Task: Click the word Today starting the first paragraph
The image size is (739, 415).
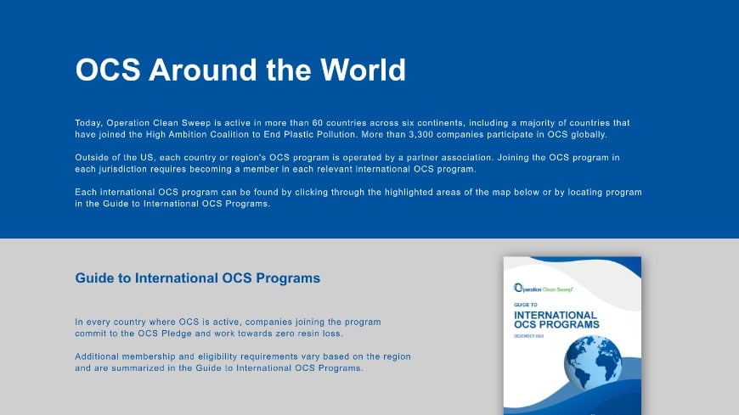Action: point(88,123)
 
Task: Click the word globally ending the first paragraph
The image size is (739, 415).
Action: point(589,135)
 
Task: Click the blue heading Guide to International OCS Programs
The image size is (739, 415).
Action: point(197,278)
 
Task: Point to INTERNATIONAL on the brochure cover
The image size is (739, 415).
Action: point(556,315)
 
